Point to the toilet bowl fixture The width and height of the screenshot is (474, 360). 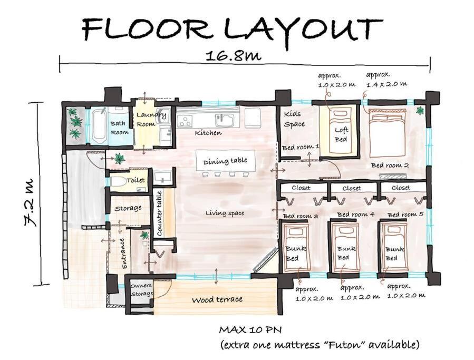tap(118, 182)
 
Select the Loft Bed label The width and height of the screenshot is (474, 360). tap(341, 134)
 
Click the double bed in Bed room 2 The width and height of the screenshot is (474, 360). tap(386, 133)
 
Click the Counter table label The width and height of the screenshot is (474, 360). tap(160, 213)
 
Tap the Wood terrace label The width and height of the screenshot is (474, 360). tap(217, 300)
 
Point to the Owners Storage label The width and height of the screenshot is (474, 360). tap(142, 289)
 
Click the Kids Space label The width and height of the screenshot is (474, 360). tap(294, 119)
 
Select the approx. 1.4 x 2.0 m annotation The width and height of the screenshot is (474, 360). tap(386, 80)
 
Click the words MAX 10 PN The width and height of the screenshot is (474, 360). tap(250, 330)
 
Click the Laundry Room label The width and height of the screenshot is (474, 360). tap(151, 119)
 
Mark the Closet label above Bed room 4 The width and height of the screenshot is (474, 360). tap(352, 188)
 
